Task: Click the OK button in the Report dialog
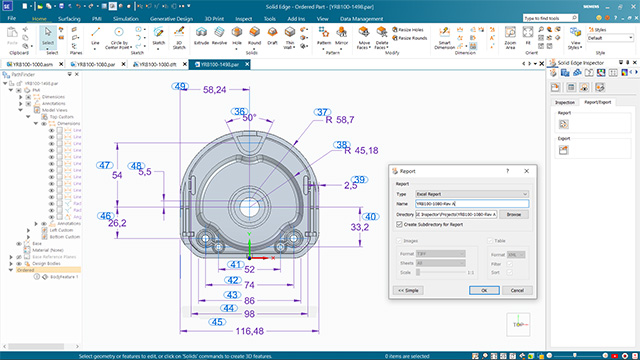tap(483, 290)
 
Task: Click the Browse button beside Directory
tap(513, 214)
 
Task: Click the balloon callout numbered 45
tap(217, 322)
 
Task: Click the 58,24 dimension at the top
tap(214, 90)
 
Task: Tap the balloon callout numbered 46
tap(105, 216)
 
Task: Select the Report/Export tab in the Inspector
tap(598, 102)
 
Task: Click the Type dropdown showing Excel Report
tap(471, 193)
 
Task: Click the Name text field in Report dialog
tap(471, 204)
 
